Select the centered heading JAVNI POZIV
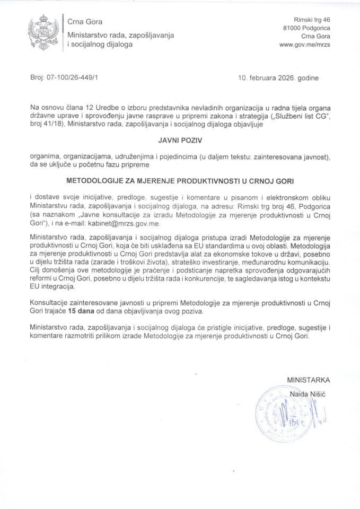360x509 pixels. [179, 141]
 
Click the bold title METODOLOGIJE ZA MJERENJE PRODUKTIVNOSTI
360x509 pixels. [179, 180]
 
